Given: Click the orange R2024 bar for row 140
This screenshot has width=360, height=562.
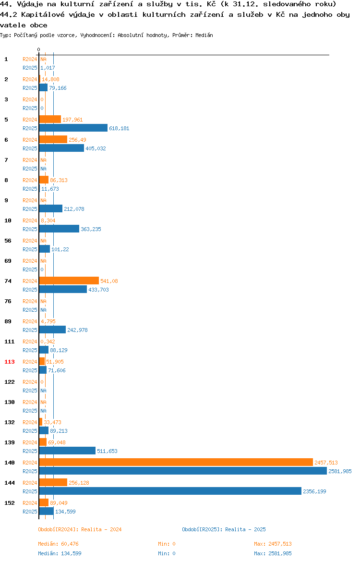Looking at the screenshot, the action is click(176, 463).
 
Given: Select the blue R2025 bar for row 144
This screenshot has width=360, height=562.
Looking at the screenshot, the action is click(170, 491).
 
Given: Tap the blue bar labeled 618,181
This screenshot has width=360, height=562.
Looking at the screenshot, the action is click(73, 128).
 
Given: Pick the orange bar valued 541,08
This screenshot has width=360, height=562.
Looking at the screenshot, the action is click(69, 281).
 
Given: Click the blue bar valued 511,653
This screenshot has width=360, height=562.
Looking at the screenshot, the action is click(67, 451).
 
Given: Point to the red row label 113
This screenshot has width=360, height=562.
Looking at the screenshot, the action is click(9, 362).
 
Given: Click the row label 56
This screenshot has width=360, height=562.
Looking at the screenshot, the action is click(8, 241).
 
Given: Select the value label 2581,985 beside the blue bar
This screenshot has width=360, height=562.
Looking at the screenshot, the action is click(340, 471).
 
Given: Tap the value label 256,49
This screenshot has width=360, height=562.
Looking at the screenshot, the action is click(77, 140).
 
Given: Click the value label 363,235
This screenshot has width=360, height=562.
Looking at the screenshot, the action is click(91, 229).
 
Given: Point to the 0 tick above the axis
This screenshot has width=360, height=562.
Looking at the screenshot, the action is click(39, 49).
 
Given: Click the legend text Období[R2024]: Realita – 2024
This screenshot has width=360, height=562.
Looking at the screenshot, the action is click(80, 529).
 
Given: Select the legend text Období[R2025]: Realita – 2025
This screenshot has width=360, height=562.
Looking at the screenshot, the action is click(224, 529).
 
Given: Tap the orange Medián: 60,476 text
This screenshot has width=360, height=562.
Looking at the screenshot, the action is click(59, 544).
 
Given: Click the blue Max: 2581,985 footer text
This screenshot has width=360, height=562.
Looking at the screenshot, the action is click(273, 553).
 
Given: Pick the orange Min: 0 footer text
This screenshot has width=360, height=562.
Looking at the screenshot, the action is click(167, 544).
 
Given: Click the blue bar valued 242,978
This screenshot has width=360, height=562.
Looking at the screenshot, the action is click(52, 330).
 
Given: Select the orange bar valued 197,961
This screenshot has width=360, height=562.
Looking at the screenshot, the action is click(50, 119).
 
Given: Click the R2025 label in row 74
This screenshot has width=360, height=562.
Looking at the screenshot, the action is click(30, 290).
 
